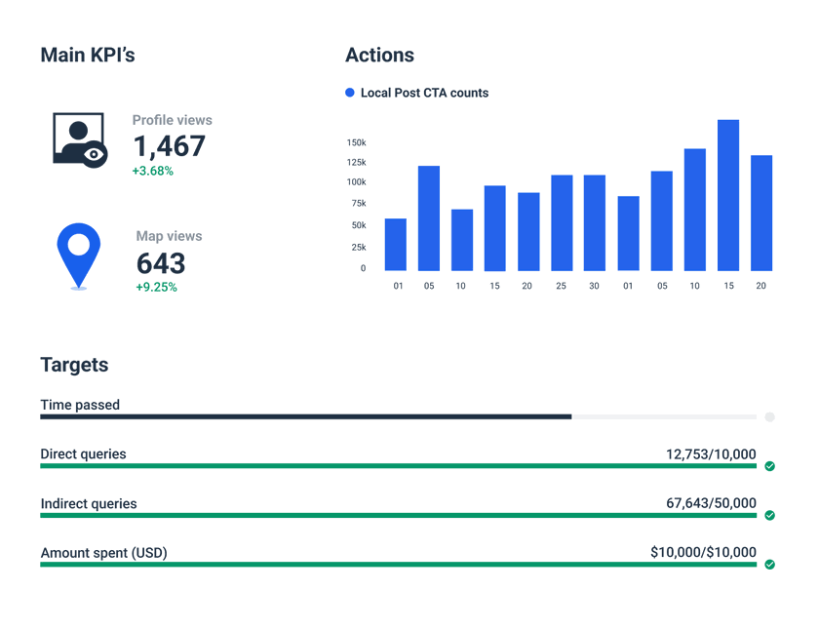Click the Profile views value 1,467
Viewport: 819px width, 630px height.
(169, 146)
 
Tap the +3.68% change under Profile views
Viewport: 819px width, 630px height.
(152, 171)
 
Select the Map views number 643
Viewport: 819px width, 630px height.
(161, 263)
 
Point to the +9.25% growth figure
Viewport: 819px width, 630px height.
(156, 288)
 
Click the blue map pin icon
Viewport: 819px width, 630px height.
(78, 253)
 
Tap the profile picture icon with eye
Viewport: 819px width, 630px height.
(78, 139)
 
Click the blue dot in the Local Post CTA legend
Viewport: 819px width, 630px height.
(350, 93)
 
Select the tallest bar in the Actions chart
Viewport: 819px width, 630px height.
(728, 195)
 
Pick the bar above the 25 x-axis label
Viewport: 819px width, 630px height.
(562, 222)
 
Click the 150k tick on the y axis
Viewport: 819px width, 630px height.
(356, 142)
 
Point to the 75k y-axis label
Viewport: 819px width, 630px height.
(358, 203)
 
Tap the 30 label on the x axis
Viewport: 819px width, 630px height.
(595, 287)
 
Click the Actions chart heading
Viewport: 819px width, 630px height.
(379, 56)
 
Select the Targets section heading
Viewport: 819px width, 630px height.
(74, 365)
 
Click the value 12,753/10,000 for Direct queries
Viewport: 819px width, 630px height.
(711, 453)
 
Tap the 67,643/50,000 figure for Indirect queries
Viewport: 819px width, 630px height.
(711, 503)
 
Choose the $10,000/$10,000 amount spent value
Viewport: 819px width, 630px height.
(703, 553)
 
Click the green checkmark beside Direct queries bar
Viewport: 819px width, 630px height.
(769, 466)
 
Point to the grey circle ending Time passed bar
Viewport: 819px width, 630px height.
(769, 416)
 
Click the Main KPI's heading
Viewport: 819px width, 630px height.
(87, 56)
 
